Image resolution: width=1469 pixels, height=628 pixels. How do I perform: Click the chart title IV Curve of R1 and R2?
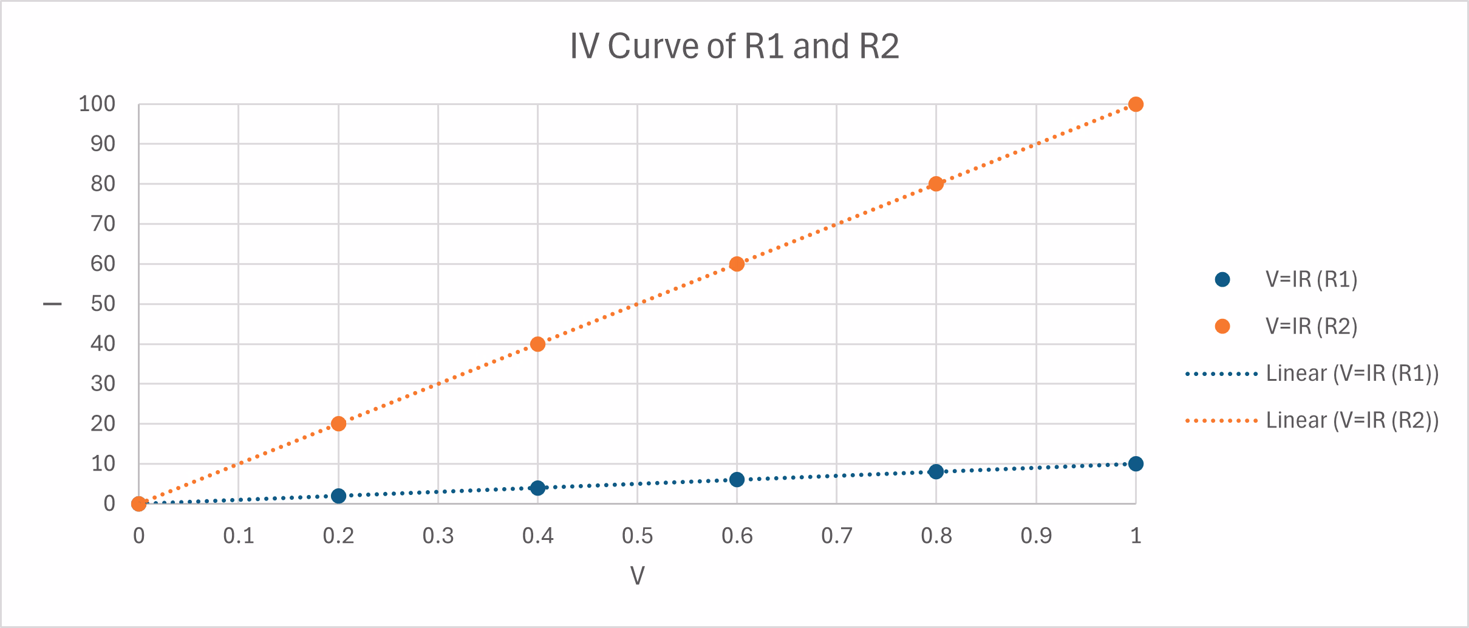pyautogui.click(x=734, y=46)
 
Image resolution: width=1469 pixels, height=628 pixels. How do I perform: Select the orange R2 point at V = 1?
pyautogui.click(x=1136, y=104)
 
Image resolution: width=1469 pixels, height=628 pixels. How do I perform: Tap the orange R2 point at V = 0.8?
pyautogui.click(x=936, y=184)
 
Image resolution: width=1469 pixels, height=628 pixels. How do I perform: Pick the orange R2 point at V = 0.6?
pyautogui.click(x=737, y=264)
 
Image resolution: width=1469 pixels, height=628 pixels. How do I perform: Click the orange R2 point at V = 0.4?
pyautogui.click(x=537, y=344)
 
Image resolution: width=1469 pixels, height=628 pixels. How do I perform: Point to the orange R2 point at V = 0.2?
pyautogui.click(x=338, y=423)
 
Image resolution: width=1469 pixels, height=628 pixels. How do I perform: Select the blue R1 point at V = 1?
pyautogui.click(x=1136, y=464)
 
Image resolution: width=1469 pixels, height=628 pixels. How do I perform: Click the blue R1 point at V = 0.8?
pyautogui.click(x=936, y=472)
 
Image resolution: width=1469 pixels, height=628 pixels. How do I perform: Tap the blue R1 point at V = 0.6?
pyautogui.click(x=737, y=480)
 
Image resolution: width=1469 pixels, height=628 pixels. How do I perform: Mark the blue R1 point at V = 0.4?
pyautogui.click(x=537, y=488)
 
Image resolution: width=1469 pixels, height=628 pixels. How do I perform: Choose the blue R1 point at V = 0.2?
pyautogui.click(x=338, y=496)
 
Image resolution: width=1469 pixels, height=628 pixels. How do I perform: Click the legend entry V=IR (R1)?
pyautogui.click(x=1311, y=279)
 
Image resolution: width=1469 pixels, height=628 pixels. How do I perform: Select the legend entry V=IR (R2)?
pyautogui.click(x=1311, y=327)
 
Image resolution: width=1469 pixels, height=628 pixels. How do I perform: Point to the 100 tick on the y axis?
pyautogui.click(x=97, y=104)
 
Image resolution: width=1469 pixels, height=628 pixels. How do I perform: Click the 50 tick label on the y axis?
pyautogui.click(x=103, y=304)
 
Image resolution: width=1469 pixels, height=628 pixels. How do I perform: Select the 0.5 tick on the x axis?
pyautogui.click(x=637, y=536)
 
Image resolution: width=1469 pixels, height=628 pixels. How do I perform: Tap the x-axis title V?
pyautogui.click(x=637, y=575)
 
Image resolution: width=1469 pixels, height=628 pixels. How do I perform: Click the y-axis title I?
pyautogui.click(x=53, y=304)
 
